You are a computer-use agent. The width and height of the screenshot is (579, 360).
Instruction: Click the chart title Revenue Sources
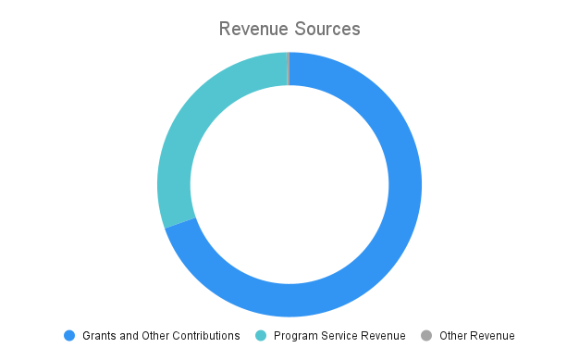point(289,29)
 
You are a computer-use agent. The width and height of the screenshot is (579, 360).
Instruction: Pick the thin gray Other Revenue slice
point(289,68)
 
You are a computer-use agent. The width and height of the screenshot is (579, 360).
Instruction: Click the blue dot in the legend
point(69,335)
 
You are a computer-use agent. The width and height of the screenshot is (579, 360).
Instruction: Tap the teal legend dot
point(261,335)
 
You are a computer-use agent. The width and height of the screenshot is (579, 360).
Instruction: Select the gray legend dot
point(426,335)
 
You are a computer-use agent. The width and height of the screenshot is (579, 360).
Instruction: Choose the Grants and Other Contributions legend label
point(161,335)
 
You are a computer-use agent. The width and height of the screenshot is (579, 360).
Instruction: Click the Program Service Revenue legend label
point(339,335)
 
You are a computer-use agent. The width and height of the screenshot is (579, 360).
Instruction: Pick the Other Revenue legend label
point(477,335)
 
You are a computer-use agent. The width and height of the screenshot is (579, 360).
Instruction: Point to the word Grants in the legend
point(99,335)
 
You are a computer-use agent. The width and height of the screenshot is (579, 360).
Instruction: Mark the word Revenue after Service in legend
point(384,335)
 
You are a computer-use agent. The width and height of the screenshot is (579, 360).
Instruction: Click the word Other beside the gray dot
point(454,335)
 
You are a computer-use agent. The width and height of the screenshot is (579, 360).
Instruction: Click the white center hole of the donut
point(289,185)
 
